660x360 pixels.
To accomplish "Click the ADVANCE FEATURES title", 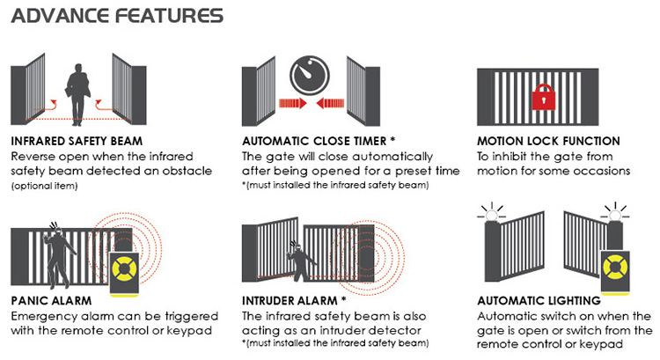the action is coord(117,16).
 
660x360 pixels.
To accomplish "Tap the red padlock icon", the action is coord(544,98).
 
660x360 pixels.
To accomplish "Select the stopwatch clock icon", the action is coord(310,76).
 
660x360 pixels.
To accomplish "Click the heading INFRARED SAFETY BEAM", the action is coord(77,141).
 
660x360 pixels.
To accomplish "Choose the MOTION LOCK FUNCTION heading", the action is coord(548,141).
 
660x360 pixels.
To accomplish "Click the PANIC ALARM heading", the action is coord(51,301).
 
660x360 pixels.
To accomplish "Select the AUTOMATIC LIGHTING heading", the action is coord(539,301).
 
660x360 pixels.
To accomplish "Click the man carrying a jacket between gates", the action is coord(77,94).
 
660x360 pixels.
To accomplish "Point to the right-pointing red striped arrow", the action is coord(293,103).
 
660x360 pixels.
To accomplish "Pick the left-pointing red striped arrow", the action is coord(330,103).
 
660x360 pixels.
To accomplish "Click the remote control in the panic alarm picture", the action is coord(124,274).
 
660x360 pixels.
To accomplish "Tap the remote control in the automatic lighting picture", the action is coord(615,272).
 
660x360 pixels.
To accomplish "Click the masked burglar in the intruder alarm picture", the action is coord(300,261).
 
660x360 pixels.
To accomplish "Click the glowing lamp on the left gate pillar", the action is coord(491,214).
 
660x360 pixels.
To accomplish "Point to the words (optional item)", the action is coord(45,186).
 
